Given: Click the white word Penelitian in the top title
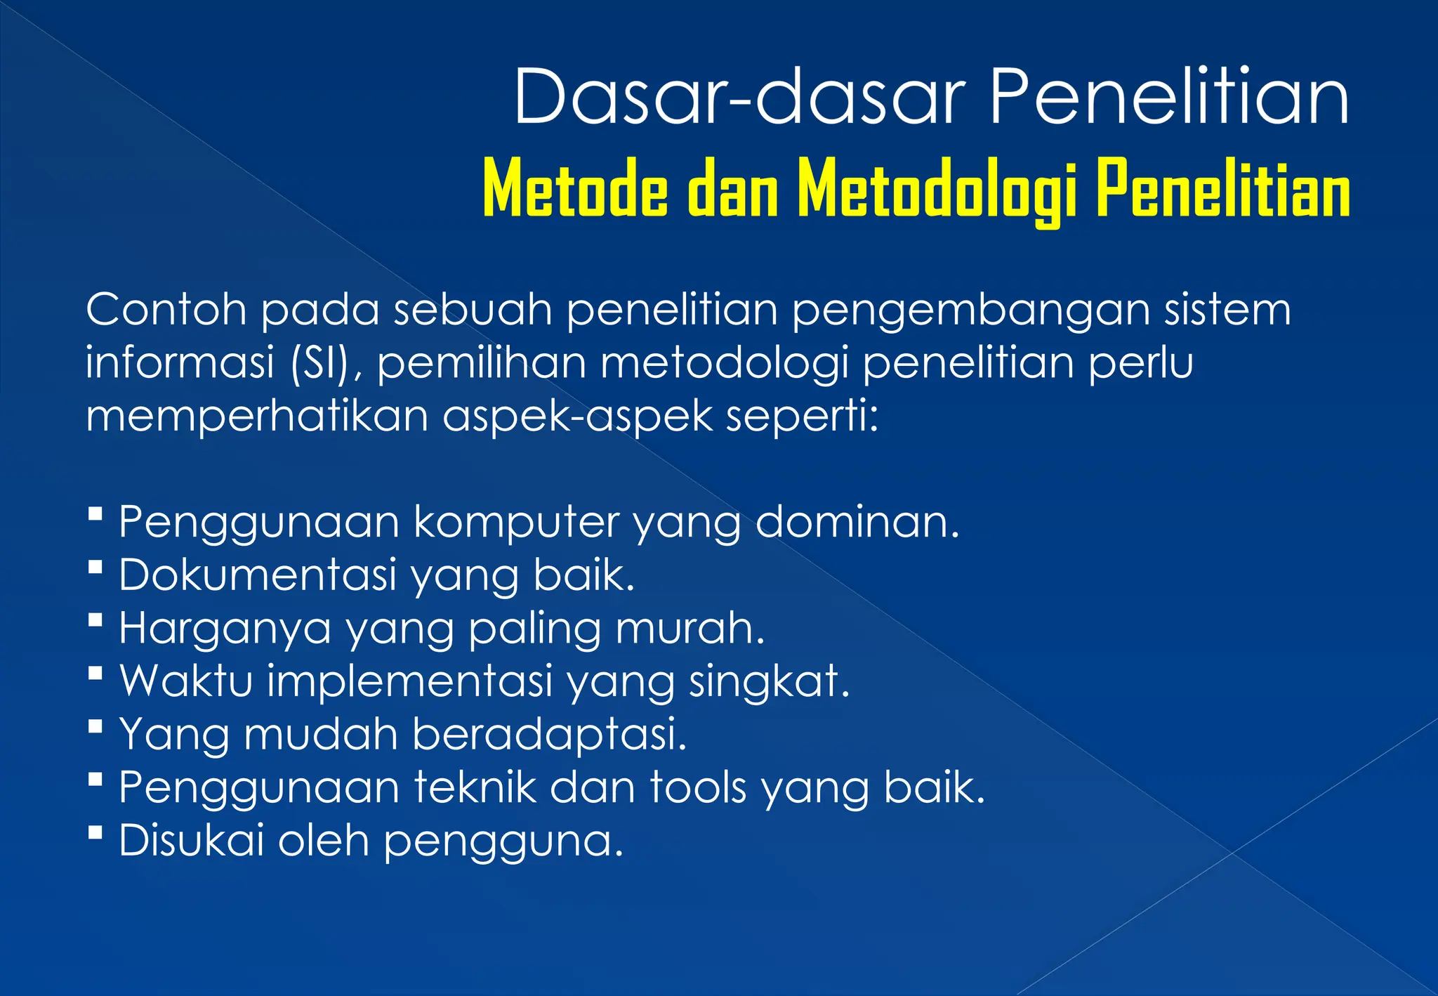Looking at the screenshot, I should tap(1169, 96).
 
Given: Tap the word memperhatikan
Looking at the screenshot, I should tap(257, 416).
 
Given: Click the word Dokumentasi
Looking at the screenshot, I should tap(258, 575).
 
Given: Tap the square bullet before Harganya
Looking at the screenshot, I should tap(96, 620).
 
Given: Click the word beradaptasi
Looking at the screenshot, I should tap(548, 734).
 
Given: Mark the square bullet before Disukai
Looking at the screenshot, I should tap(96, 832).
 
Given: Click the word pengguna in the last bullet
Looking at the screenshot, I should tap(503, 841).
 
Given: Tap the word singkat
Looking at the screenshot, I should tap(769, 681).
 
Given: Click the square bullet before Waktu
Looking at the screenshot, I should tap(96, 674).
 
